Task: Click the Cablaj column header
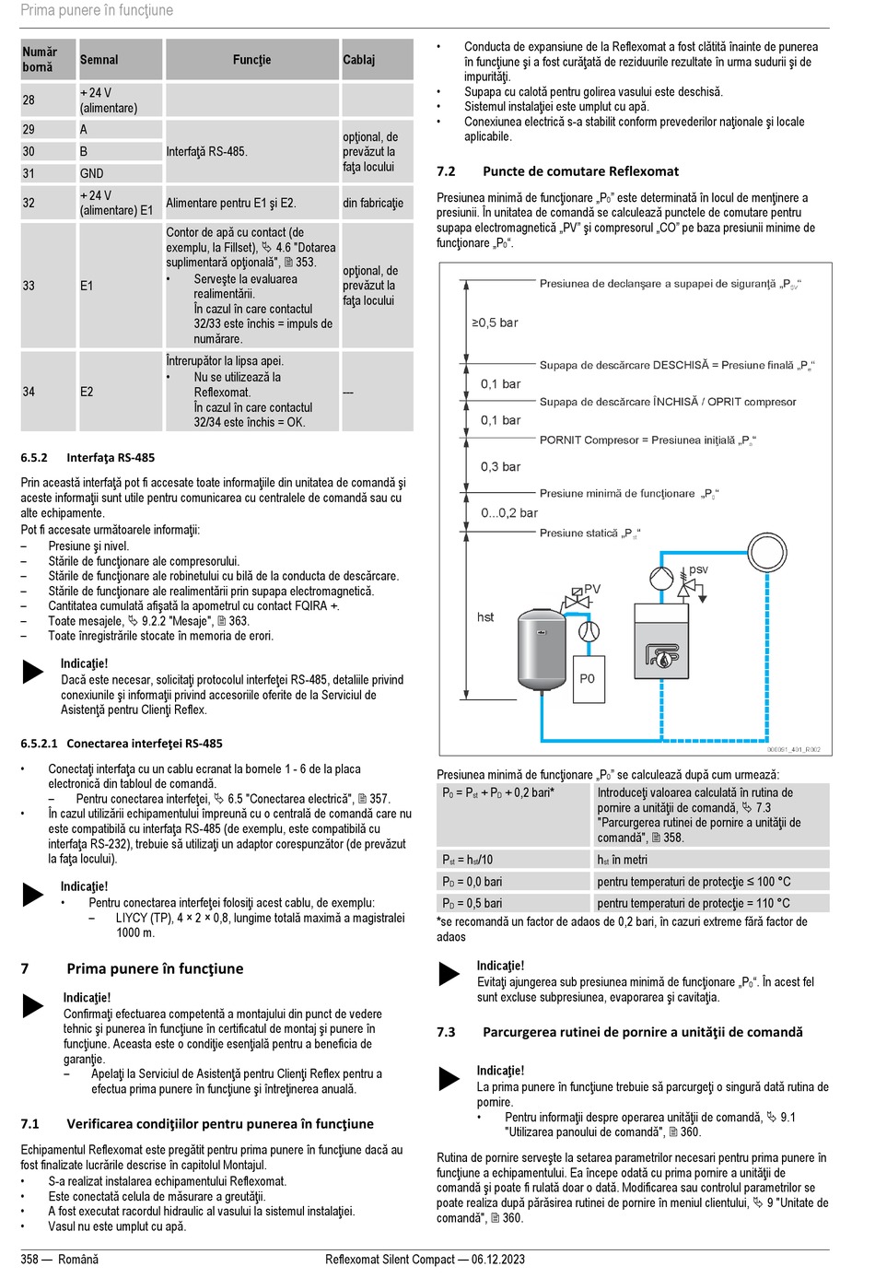[x=359, y=60]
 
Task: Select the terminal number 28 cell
[x=29, y=100]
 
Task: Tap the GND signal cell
[x=92, y=173]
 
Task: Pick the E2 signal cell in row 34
[x=87, y=392]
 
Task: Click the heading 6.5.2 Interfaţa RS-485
[x=87, y=457]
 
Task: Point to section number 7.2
[x=446, y=171]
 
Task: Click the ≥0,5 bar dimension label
[x=496, y=322]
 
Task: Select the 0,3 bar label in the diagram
[x=500, y=467]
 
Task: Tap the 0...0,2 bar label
[x=509, y=513]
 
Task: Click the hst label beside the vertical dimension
[x=485, y=617]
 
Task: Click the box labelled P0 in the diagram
[x=588, y=679]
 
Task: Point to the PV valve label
[x=592, y=589]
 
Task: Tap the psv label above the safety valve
[x=699, y=569]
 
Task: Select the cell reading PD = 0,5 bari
[x=472, y=903]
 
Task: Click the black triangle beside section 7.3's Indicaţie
[x=449, y=1078]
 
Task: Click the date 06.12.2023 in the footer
[x=498, y=1260]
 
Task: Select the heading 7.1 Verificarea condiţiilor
[x=197, y=1124]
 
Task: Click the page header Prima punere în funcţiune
[x=97, y=11]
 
